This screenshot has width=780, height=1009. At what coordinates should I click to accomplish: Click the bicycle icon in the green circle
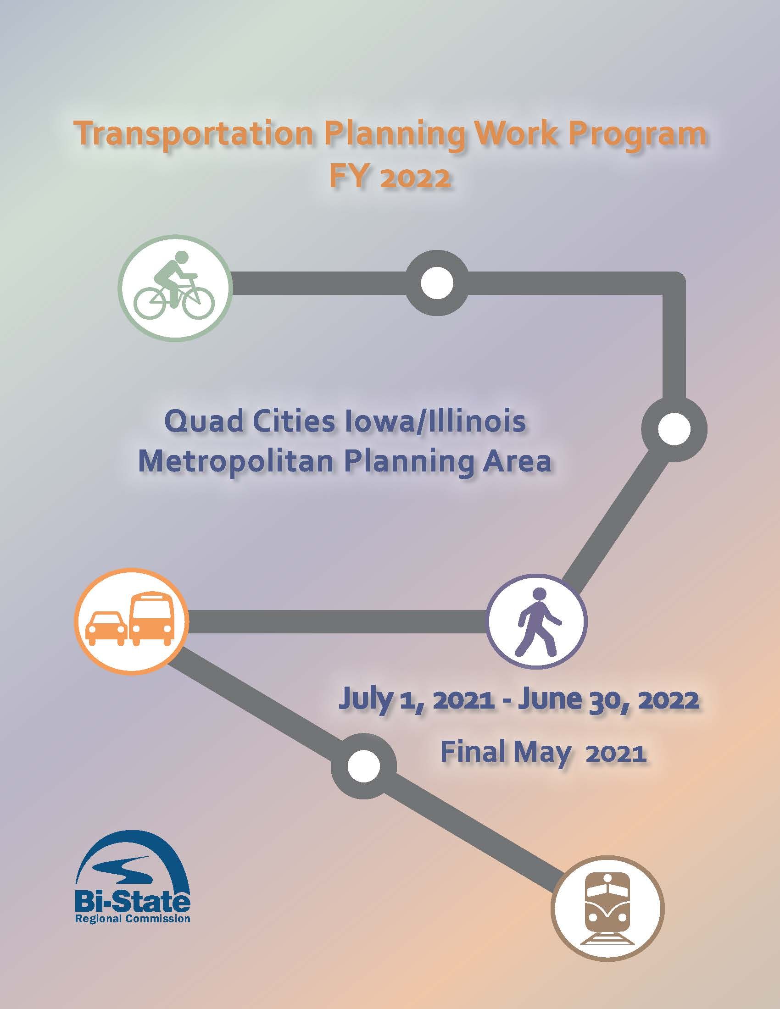(x=174, y=289)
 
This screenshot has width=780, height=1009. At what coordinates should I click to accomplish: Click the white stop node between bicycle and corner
(x=437, y=283)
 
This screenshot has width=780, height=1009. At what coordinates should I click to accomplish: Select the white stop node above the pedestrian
(x=674, y=429)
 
